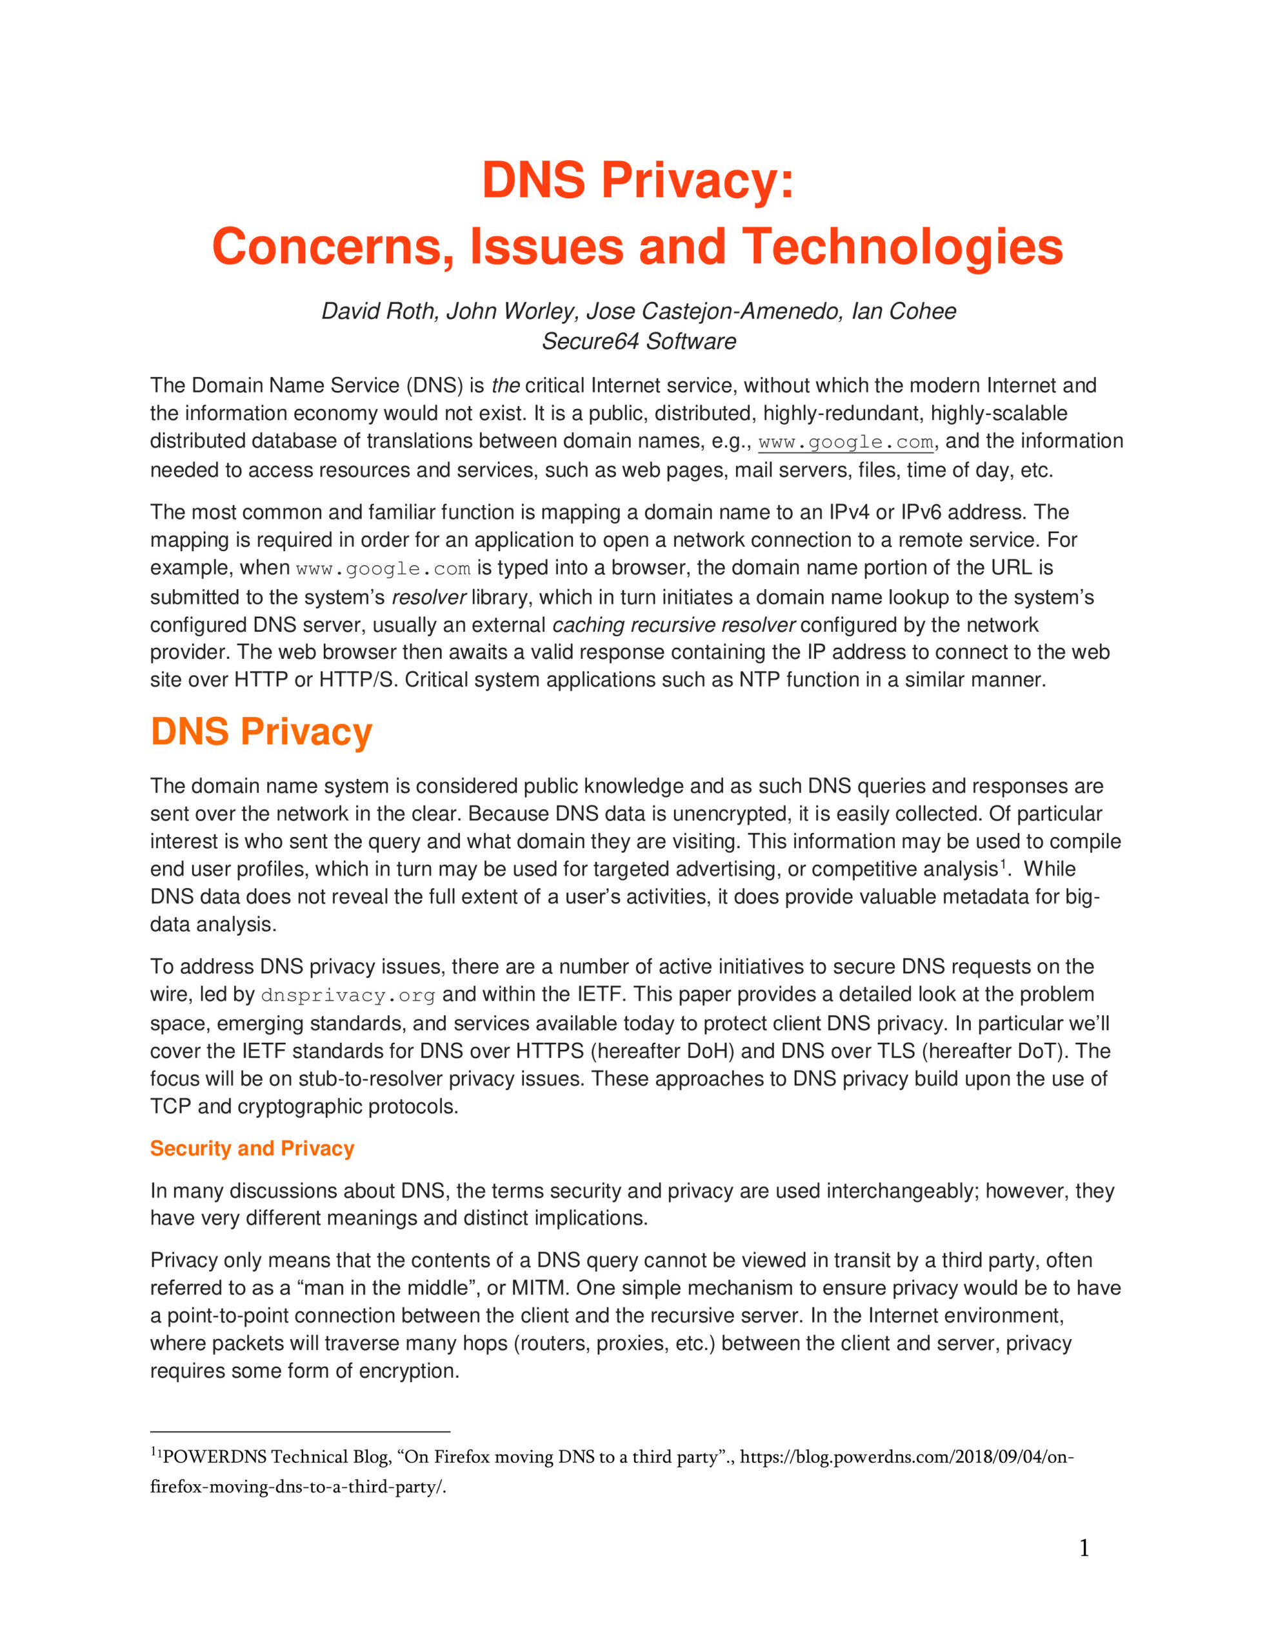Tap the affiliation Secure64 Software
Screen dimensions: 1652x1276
pyautogui.click(x=639, y=341)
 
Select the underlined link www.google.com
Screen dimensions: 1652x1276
pyautogui.click(x=846, y=442)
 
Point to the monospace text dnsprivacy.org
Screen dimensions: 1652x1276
pyautogui.click(x=348, y=996)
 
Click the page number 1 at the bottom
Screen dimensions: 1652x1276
pyautogui.click(x=1084, y=1547)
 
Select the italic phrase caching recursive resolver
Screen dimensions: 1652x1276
pyautogui.click(x=673, y=625)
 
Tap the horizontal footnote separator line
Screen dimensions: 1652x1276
pyautogui.click(x=299, y=1431)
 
